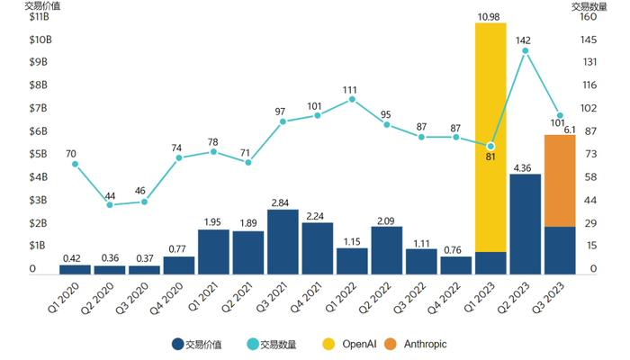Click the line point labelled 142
point(525,50)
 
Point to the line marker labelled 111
point(352,99)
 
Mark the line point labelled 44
point(110,205)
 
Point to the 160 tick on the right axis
point(590,17)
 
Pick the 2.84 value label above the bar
point(283,202)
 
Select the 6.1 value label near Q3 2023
point(569,130)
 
